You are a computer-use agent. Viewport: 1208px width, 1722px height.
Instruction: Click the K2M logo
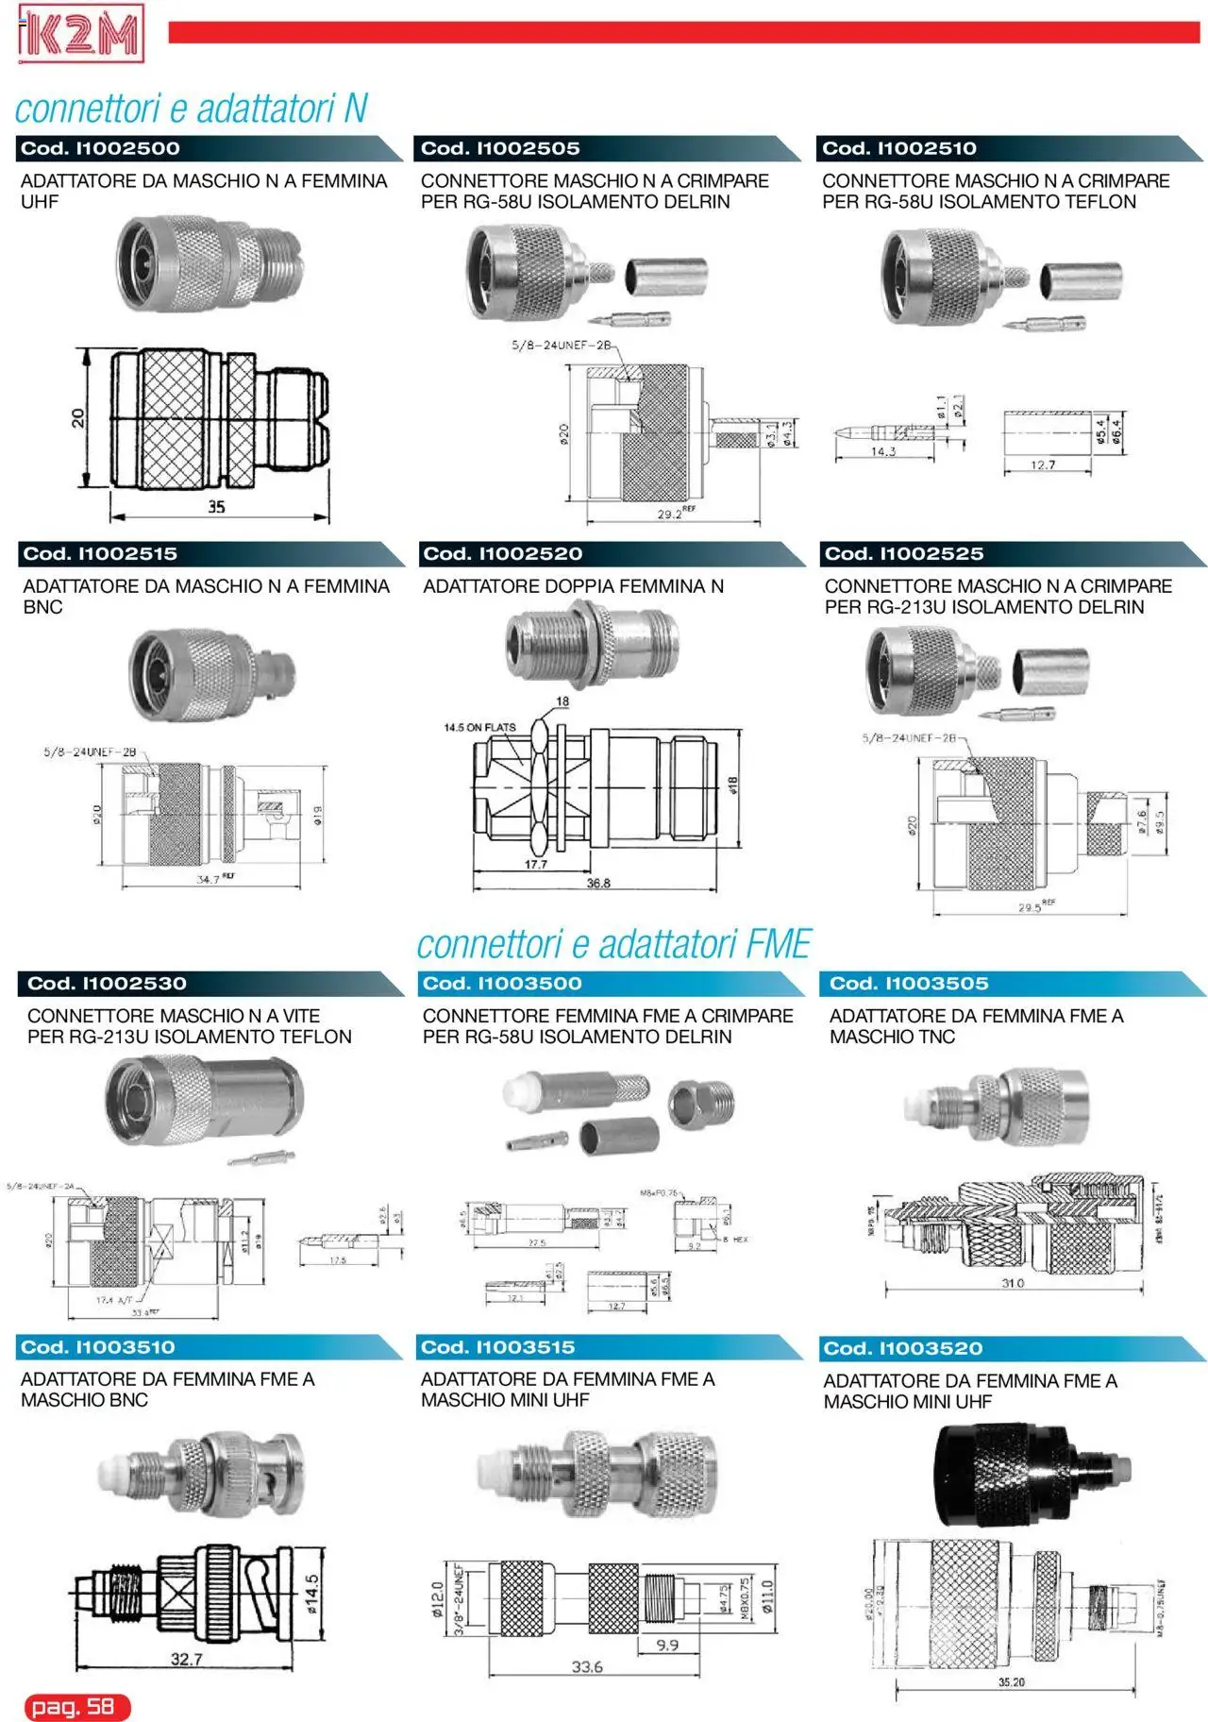tap(80, 34)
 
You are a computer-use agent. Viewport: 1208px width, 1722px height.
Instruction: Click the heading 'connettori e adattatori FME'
tap(613, 944)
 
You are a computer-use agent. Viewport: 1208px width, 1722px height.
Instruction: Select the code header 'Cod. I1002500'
tap(101, 148)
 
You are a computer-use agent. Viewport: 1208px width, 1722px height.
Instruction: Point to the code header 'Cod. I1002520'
tap(502, 554)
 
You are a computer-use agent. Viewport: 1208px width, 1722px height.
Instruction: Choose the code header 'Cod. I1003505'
tap(909, 984)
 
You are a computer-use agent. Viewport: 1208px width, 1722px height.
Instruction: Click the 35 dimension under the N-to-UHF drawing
tap(216, 507)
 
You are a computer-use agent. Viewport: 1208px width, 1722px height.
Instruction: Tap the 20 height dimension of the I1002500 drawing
tap(78, 417)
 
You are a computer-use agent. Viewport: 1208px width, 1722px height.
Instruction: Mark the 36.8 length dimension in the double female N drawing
tap(598, 884)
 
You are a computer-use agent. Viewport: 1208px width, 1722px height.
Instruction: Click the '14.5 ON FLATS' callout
tap(480, 728)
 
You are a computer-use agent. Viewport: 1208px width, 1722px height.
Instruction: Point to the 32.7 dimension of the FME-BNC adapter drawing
tap(186, 1659)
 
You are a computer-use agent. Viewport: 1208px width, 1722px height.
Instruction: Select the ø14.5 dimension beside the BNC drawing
tap(312, 1595)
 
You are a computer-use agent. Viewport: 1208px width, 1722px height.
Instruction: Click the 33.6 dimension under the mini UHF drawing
tap(587, 1667)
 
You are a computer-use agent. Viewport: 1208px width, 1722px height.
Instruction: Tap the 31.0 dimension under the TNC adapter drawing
tap(1012, 1283)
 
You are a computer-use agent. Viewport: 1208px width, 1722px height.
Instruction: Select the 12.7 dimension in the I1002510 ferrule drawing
tap(1043, 464)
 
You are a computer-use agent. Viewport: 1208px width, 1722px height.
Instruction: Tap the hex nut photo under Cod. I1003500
tap(701, 1104)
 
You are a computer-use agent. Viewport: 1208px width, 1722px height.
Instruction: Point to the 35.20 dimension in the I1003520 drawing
tap(1011, 1682)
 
